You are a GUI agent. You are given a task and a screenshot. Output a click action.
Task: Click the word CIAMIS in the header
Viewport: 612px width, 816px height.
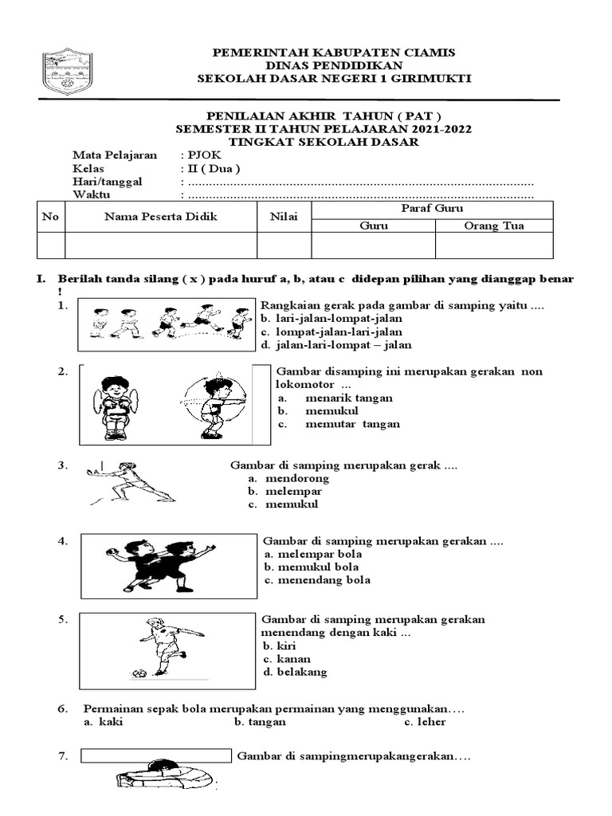click(427, 52)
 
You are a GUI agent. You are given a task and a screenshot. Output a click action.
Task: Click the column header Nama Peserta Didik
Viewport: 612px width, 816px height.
click(160, 216)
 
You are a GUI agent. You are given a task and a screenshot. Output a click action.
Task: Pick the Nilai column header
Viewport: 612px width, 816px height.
click(283, 216)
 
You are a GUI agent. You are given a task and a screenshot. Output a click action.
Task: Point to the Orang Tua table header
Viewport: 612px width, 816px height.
click(494, 226)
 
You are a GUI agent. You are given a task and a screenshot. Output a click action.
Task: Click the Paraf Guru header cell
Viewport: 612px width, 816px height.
click(431, 208)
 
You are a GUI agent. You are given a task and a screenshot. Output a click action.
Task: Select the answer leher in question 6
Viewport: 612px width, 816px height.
click(431, 722)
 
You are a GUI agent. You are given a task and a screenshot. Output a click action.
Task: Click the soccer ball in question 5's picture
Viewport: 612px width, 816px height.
click(139, 673)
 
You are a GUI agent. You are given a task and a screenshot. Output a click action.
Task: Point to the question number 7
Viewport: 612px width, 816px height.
click(63, 755)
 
